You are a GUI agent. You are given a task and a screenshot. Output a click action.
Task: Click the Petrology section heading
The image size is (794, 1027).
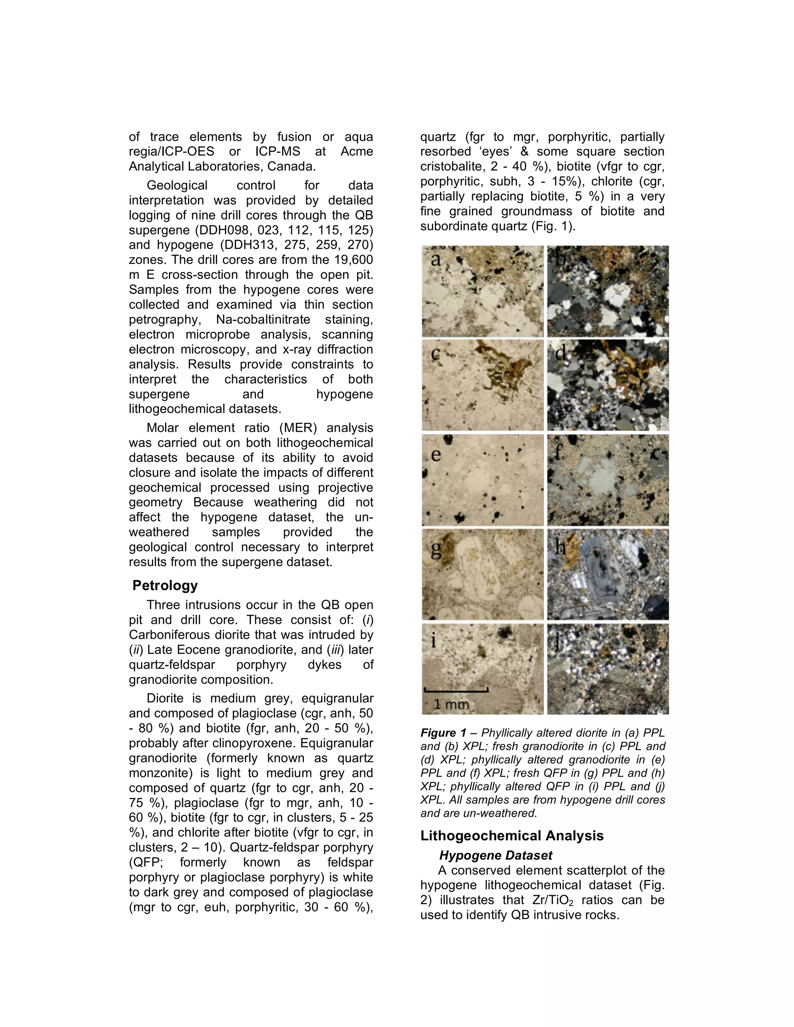(165, 586)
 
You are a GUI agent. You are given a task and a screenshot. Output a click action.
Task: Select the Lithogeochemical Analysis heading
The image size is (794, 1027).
(512, 836)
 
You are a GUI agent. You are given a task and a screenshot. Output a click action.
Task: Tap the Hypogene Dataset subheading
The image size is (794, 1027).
(496, 855)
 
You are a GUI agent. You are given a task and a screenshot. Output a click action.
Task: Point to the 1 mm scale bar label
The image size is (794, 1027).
(451, 704)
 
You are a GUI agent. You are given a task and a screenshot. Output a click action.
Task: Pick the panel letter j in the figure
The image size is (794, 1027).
(558, 642)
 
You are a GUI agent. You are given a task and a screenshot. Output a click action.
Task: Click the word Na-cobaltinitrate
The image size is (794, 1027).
(263, 320)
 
